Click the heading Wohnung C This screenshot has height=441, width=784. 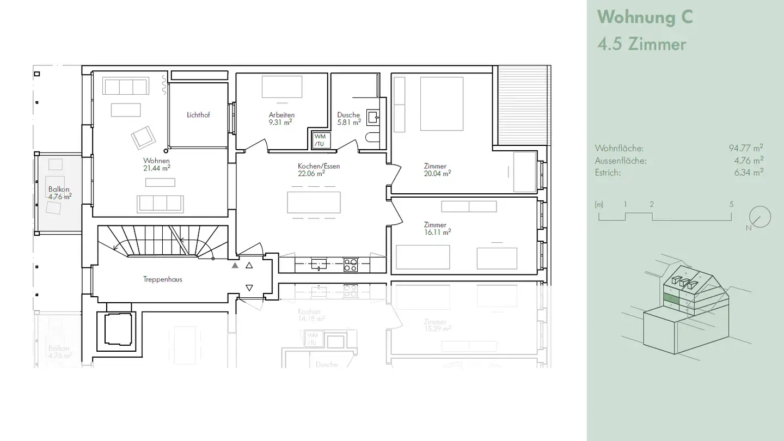tap(645, 17)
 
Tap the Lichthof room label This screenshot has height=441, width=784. tap(198, 115)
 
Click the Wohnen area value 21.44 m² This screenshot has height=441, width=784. tap(157, 168)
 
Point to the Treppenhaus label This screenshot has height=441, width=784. tap(163, 279)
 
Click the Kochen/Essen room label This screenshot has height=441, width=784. tap(318, 166)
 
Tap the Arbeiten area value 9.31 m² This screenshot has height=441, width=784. tap(280, 122)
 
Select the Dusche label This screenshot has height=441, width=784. tap(348, 115)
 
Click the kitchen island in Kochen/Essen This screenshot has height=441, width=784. tap(314, 202)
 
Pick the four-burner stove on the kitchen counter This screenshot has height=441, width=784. tap(350, 265)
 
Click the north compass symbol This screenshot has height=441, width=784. tap(759, 217)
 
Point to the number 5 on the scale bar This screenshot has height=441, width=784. tap(731, 205)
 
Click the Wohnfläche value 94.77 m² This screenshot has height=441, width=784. tap(745, 148)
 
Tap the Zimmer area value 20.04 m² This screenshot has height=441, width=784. tap(438, 174)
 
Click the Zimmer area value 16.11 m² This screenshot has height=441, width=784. tap(438, 232)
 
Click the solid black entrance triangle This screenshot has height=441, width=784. tap(235, 266)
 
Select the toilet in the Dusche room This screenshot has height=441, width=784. tap(373, 137)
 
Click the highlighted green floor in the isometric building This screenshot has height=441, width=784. tap(671, 298)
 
